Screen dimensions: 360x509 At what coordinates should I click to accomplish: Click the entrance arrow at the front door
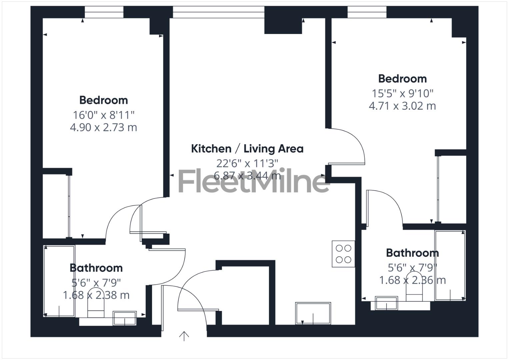click(x=184, y=336)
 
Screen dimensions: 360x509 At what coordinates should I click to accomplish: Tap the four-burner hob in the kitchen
click(x=343, y=254)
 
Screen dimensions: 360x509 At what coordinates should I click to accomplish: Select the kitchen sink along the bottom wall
click(x=313, y=313)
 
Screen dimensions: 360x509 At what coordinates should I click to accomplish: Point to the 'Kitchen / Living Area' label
click(x=247, y=149)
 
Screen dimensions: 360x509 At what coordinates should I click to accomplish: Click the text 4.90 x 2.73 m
click(x=103, y=127)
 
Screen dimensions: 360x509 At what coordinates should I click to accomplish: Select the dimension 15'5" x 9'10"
click(x=402, y=93)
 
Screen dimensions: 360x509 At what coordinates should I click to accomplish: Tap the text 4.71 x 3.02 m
click(x=402, y=106)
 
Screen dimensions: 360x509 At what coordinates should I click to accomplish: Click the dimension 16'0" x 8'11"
click(x=103, y=115)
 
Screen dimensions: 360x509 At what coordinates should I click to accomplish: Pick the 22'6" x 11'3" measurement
click(x=247, y=163)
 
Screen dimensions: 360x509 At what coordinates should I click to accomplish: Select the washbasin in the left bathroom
click(x=125, y=318)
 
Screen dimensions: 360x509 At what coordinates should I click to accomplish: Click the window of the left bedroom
click(x=104, y=12)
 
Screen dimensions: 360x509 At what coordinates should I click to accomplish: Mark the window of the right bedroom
click(x=367, y=12)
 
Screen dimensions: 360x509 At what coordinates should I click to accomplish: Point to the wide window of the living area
click(x=218, y=12)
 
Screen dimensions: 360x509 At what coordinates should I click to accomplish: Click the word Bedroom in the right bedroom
click(x=402, y=79)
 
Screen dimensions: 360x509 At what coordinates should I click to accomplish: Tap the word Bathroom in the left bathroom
click(x=96, y=268)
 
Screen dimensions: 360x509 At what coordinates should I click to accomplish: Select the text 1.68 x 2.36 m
click(x=412, y=280)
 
